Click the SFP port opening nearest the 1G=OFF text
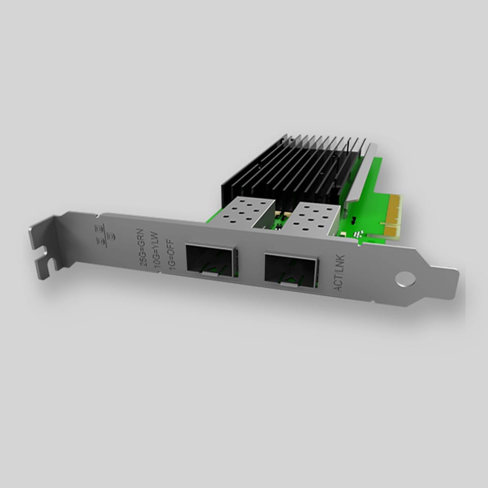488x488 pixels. (x=210, y=260)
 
